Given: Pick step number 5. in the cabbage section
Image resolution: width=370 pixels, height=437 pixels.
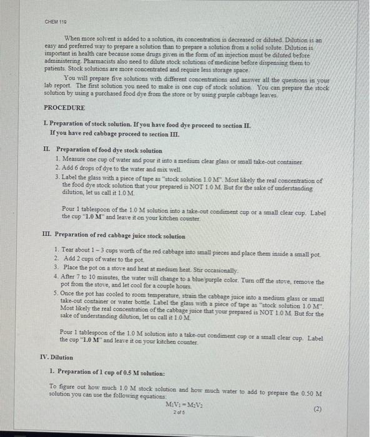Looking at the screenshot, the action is [57, 293].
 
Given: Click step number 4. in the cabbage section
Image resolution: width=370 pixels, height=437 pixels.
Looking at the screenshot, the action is [57, 275].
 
